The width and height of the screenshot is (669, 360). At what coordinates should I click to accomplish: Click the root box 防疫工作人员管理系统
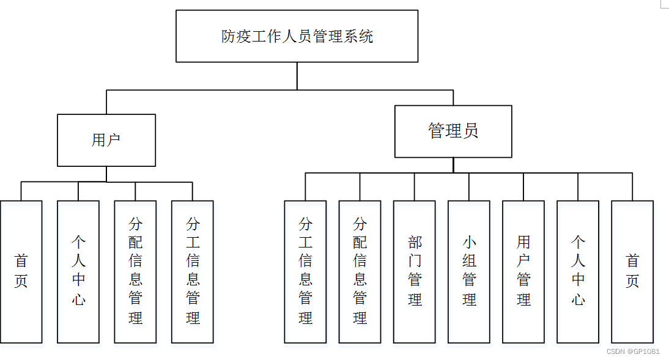(297, 36)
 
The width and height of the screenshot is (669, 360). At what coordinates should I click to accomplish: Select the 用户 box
(106, 140)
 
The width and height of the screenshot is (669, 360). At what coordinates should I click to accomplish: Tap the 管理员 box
(453, 131)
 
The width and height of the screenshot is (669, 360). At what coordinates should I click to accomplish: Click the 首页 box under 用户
(21, 271)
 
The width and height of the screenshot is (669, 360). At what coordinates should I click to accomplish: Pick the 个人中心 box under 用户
(78, 271)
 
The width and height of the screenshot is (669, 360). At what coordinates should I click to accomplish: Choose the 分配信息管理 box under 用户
(135, 271)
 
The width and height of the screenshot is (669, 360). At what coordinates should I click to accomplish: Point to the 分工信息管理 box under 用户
(193, 271)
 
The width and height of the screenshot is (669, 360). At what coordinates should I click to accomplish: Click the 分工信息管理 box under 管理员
(305, 271)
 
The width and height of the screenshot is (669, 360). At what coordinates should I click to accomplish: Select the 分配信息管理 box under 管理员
(360, 271)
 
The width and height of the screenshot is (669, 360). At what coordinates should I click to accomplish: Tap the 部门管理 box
(415, 271)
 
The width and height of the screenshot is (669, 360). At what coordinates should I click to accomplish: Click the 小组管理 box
(469, 271)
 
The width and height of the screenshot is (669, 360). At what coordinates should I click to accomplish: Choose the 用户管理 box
(523, 271)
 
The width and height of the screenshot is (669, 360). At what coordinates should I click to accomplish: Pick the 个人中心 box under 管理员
(578, 271)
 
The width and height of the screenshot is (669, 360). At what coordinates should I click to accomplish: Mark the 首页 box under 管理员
(632, 271)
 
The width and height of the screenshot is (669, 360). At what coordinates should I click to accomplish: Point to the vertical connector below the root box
(297, 76)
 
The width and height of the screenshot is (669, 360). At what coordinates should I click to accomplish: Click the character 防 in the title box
(228, 37)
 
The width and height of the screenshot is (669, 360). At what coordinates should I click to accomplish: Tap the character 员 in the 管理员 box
(470, 131)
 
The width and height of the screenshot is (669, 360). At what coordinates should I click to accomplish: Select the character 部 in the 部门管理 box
(415, 242)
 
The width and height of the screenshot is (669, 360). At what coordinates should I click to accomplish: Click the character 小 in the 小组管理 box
(469, 242)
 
